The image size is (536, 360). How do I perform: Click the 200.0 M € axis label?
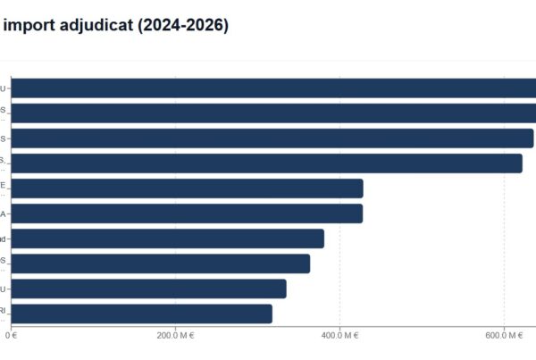(x=175, y=336)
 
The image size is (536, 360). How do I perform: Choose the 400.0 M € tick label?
(x=339, y=336)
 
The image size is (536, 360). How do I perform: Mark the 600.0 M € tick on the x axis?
(x=505, y=336)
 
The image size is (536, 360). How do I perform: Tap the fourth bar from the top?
(x=267, y=163)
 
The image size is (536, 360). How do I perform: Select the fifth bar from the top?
(x=188, y=188)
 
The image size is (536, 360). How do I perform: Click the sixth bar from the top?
(x=188, y=213)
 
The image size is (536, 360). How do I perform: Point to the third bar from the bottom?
(x=161, y=264)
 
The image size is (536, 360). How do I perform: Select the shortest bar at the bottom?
(x=142, y=314)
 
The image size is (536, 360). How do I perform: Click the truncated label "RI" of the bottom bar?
(x=4, y=310)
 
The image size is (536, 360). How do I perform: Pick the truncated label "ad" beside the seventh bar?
(x=4, y=239)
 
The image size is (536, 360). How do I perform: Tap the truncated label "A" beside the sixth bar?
(x=4, y=214)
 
